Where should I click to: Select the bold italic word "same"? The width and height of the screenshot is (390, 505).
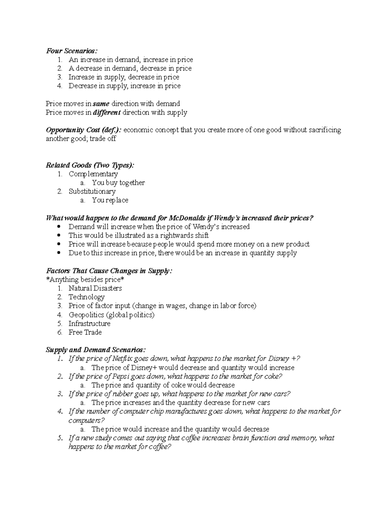(x=101, y=104)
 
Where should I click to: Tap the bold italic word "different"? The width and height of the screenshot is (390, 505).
(x=107, y=113)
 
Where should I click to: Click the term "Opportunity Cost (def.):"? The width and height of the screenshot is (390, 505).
(x=84, y=130)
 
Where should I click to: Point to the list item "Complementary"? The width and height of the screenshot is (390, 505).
(x=93, y=174)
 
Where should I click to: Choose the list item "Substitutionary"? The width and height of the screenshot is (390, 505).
(x=92, y=192)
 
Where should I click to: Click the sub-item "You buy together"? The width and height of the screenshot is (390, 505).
(x=118, y=183)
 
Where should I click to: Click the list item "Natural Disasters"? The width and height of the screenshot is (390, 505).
(x=95, y=288)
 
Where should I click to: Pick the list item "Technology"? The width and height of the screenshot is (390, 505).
(x=86, y=297)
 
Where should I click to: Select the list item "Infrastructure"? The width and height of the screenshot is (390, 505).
(x=89, y=324)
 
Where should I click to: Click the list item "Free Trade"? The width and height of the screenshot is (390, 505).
(x=85, y=332)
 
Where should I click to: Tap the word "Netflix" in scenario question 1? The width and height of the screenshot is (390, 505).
(x=122, y=359)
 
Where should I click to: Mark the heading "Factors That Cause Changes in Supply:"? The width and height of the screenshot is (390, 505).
(x=109, y=271)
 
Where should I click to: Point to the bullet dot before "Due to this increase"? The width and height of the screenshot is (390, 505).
(x=59, y=253)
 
